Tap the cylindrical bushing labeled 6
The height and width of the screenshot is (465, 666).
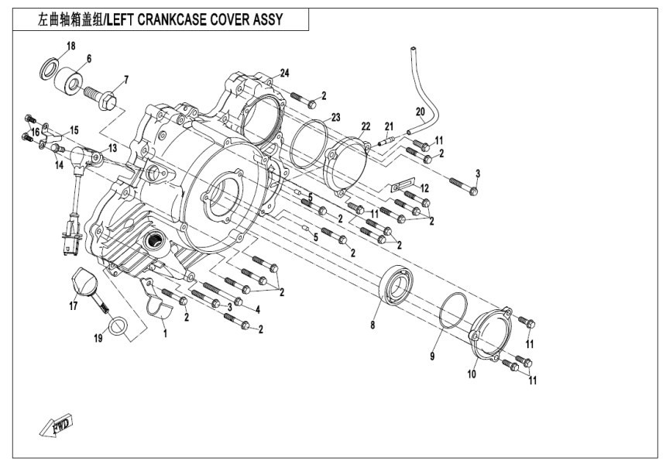pos(71,80)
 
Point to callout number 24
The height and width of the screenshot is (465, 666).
pos(285,73)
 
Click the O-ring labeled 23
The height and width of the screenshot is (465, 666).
pos(307,144)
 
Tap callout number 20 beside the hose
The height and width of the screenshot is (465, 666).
pos(420,110)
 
